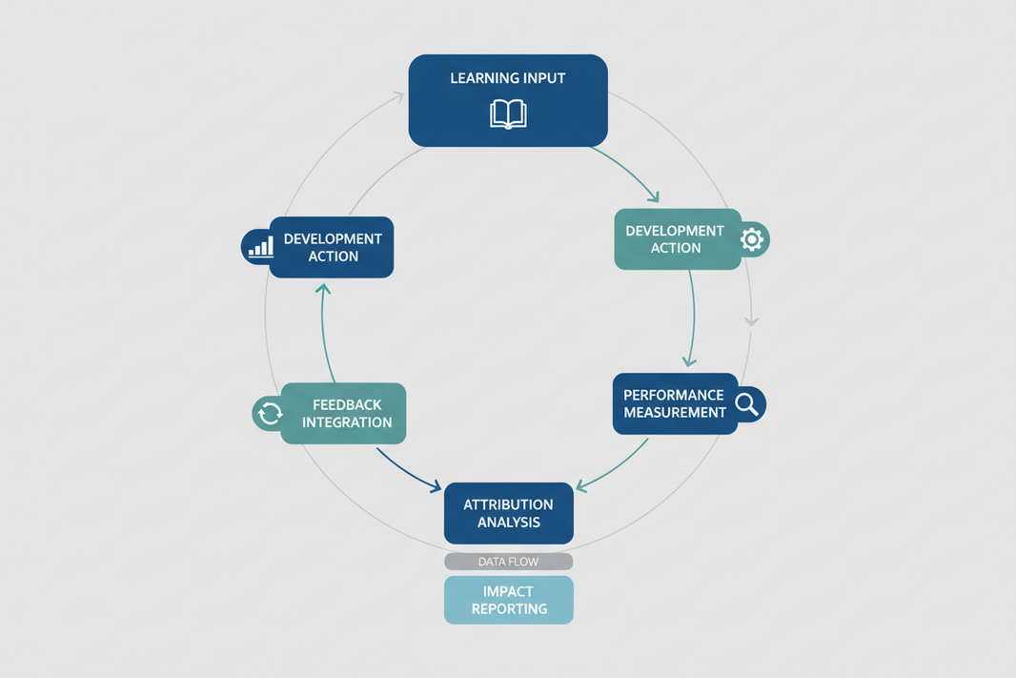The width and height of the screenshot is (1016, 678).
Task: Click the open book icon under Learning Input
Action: coord(508,114)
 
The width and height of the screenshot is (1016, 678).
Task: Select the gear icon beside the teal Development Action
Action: coord(752,238)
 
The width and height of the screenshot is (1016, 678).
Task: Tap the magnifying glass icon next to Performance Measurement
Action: coord(747,404)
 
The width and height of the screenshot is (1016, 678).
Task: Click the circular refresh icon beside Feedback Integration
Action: coord(270,413)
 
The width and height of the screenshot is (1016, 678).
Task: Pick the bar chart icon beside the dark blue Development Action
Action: coord(259,247)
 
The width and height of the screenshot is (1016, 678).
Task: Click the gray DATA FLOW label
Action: coord(508,562)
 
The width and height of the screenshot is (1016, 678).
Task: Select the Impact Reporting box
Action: coord(508,600)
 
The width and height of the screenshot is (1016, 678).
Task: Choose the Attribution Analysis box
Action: coord(508,513)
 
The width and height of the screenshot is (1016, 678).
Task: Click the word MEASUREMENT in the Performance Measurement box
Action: coord(675,412)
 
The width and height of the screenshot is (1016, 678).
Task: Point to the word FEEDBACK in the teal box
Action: coord(347,405)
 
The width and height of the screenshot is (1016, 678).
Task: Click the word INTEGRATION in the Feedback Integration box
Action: coord(347,422)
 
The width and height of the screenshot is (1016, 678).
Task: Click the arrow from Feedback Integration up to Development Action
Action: coord(325,329)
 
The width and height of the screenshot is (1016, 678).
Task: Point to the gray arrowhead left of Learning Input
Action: coord(397,95)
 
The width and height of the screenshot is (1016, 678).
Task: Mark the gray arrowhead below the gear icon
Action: coord(751,320)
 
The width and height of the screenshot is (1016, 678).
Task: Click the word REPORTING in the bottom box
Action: coord(508,608)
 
